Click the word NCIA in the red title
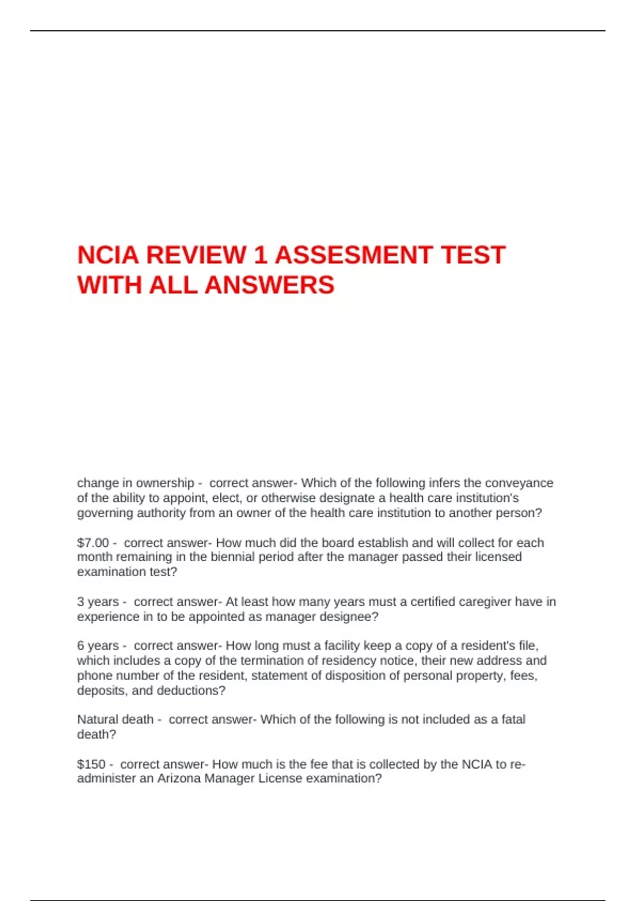(x=109, y=255)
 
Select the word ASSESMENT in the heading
(x=354, y=255)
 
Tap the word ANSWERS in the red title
(x=269, y=285)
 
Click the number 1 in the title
(x=260, y=255)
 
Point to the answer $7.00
(x=93, y=543)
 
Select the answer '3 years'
(x=98, y=602)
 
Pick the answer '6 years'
(x=98, y=646)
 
